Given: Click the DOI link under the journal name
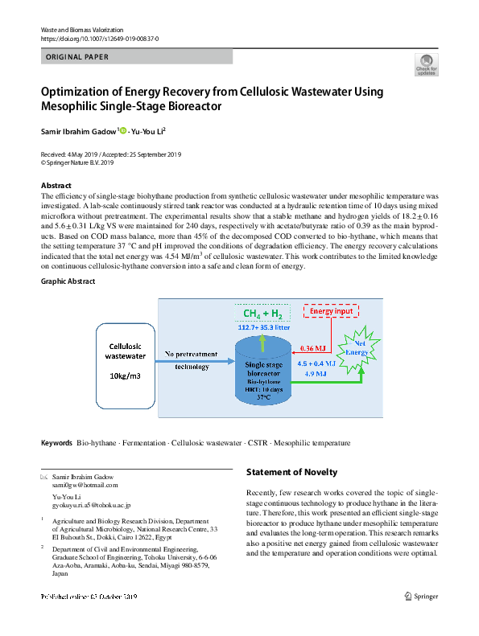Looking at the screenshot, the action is tap(99, 39).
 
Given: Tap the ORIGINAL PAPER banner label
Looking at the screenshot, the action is tap(77, 57).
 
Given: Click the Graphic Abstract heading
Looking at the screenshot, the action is tap(68, 281).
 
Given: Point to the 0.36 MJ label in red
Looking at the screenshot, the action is tap(312, 349).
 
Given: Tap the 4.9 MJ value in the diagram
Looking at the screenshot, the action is tap(315, 374).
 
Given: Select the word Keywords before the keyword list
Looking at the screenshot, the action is tap(56, 443).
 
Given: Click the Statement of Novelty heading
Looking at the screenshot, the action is tap(291, 472).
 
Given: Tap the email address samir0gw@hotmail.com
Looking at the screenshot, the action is tap(85, 485).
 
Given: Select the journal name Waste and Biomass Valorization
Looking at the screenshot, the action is tap(81, 29).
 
